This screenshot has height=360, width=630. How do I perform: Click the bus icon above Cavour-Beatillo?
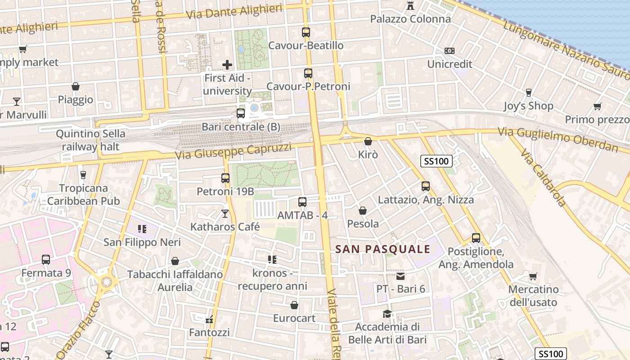click(306, 32)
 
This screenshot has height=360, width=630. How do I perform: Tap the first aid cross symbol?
click(227, 65)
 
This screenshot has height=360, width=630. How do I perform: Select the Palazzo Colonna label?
click(410, 19)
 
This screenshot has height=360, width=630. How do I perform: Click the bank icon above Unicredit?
click(449, 51)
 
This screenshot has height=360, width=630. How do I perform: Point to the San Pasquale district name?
click(383, 249)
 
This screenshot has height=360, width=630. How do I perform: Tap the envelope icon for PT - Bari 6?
click(400, 276)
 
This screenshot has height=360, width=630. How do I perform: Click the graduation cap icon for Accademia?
click(387, 314)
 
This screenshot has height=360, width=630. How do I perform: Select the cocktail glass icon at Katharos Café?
click(225, 213)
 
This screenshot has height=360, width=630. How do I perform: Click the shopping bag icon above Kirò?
click(368, 141)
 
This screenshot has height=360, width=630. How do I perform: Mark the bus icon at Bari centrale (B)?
click(241, 113)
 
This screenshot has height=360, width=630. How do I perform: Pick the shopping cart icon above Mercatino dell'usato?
click(533, 276)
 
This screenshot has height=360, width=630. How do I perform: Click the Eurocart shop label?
click(294, 318)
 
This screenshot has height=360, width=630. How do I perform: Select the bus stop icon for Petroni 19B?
click(225, 178)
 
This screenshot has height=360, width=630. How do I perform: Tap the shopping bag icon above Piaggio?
click(76, 86)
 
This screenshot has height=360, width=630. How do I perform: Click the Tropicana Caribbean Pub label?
click(84, 194)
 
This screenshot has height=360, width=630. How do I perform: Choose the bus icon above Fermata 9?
click(46, 260)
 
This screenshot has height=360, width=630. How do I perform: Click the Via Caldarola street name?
click(543, 178)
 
